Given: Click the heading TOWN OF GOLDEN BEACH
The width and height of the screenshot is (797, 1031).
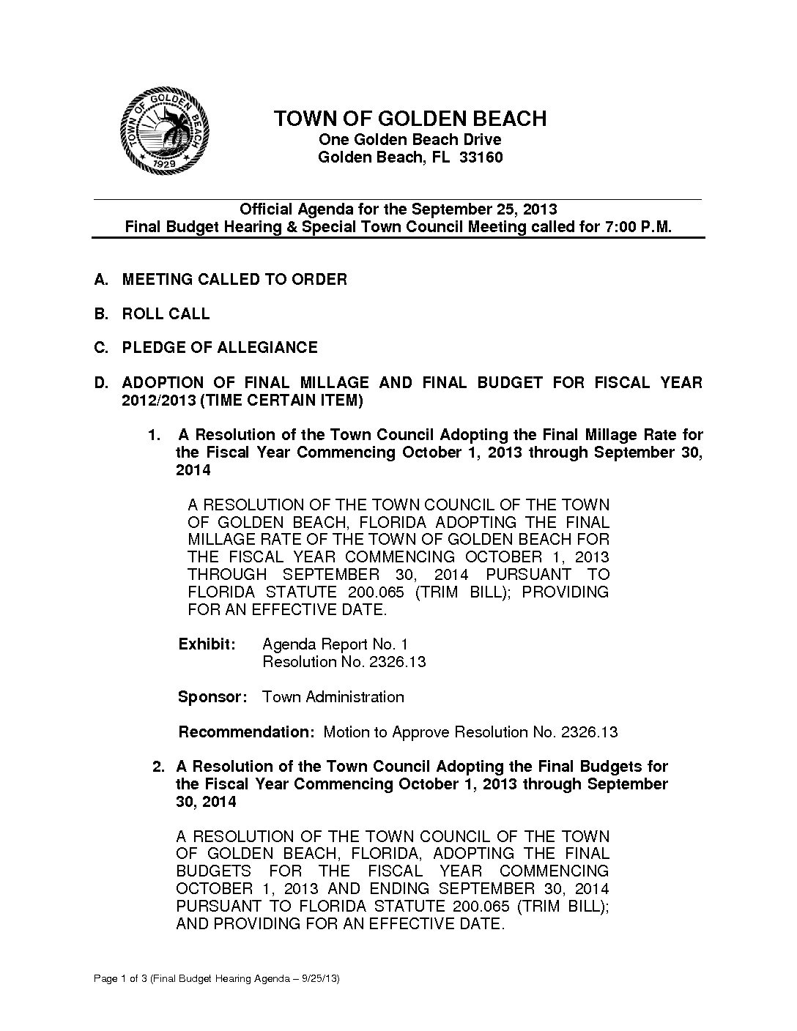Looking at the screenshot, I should coord(409,119).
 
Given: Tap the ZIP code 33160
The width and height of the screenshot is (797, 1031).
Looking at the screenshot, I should coord(481,157).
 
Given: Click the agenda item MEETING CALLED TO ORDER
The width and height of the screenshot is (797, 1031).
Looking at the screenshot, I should coord(234,279).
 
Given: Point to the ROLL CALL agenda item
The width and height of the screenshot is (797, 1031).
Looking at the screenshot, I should coord(166,313).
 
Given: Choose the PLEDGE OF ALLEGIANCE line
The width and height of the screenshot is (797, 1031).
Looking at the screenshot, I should coord(220,347).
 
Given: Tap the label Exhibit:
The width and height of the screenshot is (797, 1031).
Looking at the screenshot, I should coord(207,644).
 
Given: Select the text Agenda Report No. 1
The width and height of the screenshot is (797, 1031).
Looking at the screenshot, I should coord(335,644).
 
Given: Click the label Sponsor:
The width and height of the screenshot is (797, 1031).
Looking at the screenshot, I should coord(212,696).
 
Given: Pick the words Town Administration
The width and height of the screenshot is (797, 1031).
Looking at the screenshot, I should coord(333,696).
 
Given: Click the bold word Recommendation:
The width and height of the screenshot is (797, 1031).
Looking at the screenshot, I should coord(246,732).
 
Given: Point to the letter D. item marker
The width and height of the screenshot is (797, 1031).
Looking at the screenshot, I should coord(101,382).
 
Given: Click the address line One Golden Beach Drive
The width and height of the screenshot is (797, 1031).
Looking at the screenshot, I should coord(409,139).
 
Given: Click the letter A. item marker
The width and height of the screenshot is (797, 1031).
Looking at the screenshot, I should coord(101,279).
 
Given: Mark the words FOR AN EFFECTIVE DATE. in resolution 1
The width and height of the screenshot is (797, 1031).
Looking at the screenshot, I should coord(286,609).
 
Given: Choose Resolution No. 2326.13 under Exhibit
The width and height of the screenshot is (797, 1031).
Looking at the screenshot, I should coord(344,662).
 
